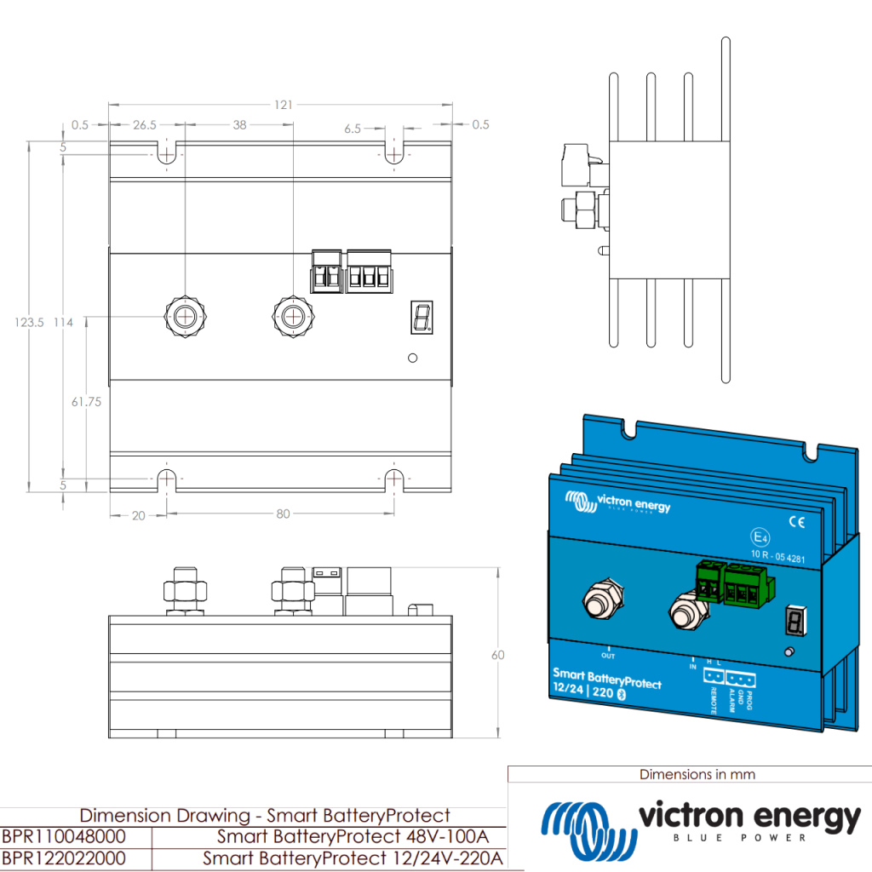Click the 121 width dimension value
pyautogui.click(x=284, y=105)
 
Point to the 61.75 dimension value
pyautogui.click(x=86, y=401)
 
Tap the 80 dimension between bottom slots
pyautogui.click(x=284, y=513)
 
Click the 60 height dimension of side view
pyautogui.click(x=498, y=655)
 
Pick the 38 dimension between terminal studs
pyautogui.click(x=239, y=125)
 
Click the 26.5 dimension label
pyautogui.click(x=145, y=125)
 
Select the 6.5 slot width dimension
pyautogui.click(x=353, y=129)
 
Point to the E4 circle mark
pyautogui.click(x=758, y=537)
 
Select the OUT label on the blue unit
pyautogui.click(x=608, y=656)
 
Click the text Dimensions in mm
pyautogui.click(x=697, y=774)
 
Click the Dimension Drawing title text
pyautogui.click(x=264, y=815)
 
